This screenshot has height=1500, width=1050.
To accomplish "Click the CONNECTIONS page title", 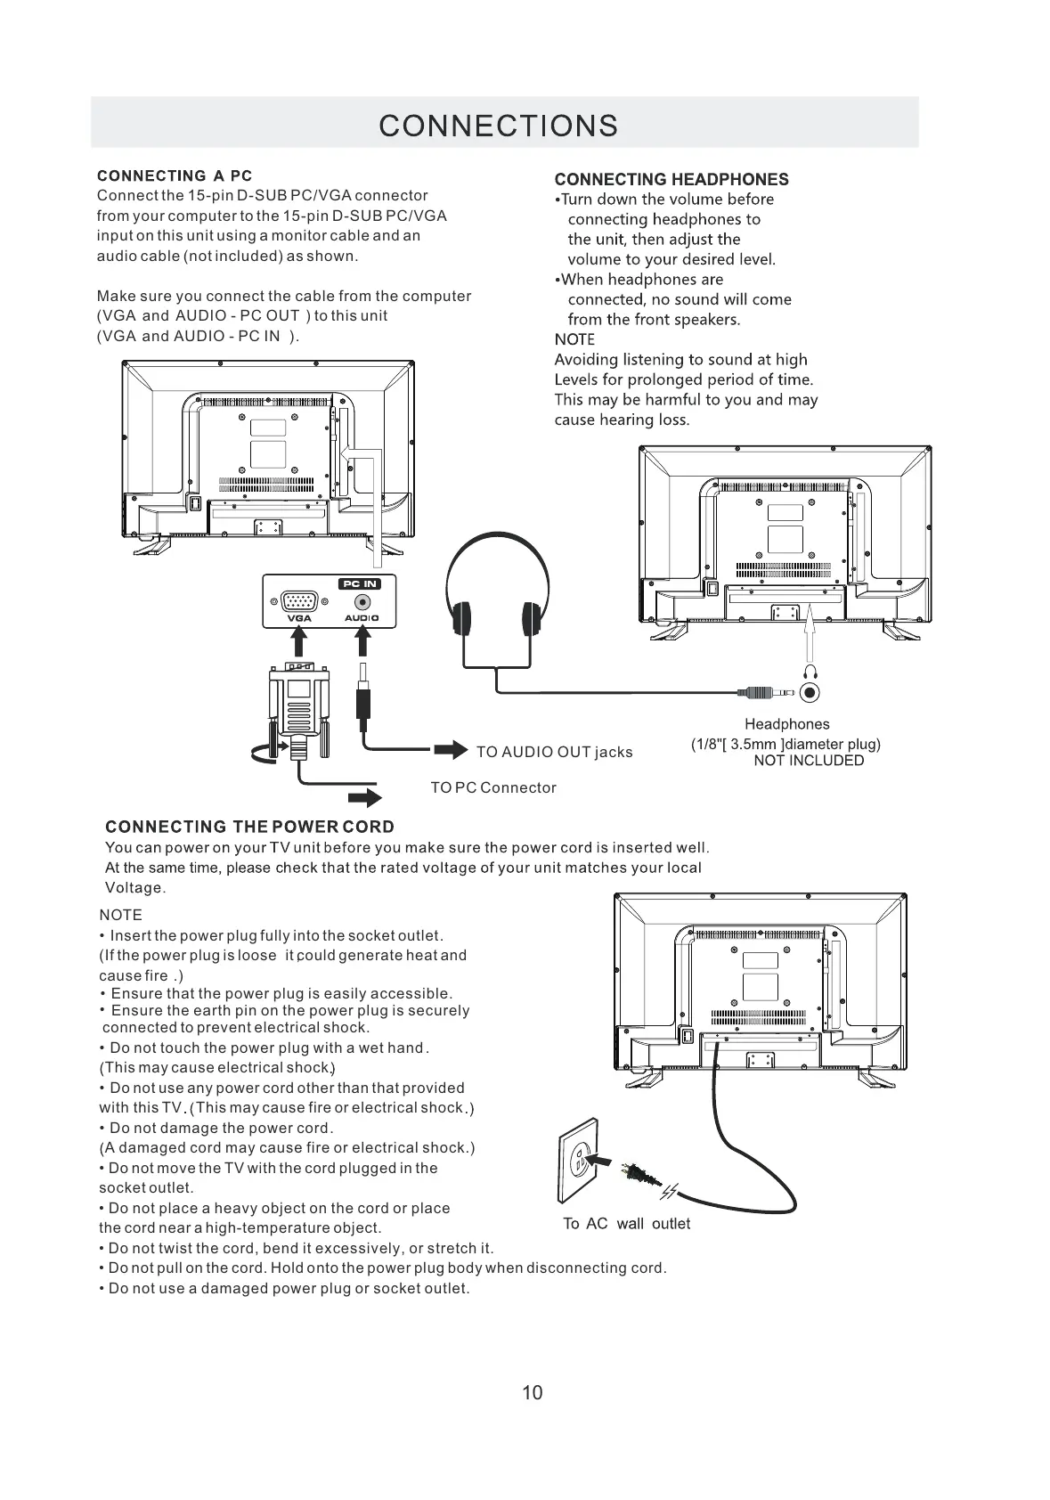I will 498,126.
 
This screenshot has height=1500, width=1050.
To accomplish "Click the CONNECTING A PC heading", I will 175,176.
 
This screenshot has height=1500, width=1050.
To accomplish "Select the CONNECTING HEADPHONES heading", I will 672,180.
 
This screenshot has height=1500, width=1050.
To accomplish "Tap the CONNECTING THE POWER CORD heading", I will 249,827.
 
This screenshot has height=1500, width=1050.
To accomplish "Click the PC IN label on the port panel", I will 359,583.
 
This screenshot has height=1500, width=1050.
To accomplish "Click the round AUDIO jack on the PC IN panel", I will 362,602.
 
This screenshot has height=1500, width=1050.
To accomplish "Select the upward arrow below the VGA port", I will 299,641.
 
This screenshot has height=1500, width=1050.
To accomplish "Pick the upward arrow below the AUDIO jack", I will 362,641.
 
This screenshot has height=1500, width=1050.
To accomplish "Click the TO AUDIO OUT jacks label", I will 554,752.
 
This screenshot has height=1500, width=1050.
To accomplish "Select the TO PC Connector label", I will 493,787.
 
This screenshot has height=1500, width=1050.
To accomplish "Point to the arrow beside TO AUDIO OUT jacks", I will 451,750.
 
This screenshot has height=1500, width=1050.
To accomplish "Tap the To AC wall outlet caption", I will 626,1224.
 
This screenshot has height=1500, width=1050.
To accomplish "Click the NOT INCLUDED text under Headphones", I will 809,761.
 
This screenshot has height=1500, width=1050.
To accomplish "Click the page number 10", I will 532,1393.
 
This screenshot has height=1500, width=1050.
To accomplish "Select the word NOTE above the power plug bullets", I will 120,915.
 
